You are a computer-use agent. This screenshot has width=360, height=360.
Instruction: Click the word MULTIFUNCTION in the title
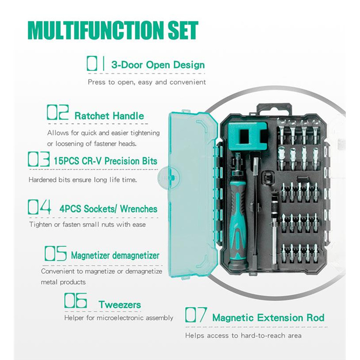click(x=97, y=30)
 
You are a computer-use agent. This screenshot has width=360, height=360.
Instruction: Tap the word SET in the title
click(x=183, y=30)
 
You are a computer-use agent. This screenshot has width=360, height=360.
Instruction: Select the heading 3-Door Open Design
click(x=158, y=65)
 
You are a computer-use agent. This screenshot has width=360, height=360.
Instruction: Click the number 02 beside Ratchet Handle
click(x=58, y=112)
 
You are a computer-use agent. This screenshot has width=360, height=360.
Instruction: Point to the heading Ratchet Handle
click(x=109, y=116)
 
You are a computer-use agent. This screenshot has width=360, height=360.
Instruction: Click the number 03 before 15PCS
click(x=38, y=159)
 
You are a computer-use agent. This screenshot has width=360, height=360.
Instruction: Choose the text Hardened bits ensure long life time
click(x=82, y=180)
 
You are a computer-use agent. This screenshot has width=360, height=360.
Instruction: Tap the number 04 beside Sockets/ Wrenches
click(x=39, y=207)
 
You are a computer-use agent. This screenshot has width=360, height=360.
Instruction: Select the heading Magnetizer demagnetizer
click(x=115, y=255)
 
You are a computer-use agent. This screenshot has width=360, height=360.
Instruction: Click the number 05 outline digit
click(x=56, y=253)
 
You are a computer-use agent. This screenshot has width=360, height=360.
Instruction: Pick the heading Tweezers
click(x=120, y=305)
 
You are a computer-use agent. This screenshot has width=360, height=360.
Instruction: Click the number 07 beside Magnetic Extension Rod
click(x=196, y=315)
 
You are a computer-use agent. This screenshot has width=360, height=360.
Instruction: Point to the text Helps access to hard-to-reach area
click(x=243, y=336)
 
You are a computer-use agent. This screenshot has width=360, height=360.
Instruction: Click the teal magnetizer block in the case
click(x=247, y=136)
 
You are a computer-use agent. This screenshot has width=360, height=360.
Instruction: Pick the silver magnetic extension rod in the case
click(x=274, y=229)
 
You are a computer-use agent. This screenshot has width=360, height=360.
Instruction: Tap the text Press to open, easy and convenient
click(x=147, y=82)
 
